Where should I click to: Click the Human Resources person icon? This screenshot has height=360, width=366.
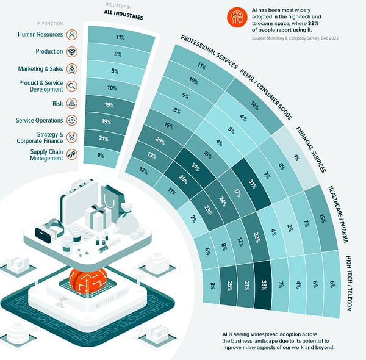(72, 35)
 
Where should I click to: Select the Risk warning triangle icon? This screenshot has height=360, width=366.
(72, 103)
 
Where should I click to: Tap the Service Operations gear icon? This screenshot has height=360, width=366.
(72, 120)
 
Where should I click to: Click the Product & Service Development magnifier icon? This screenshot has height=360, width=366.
(72, 86)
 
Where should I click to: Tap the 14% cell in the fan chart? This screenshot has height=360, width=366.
(254, 106)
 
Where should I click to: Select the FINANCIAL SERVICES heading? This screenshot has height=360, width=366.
(312, 149)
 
